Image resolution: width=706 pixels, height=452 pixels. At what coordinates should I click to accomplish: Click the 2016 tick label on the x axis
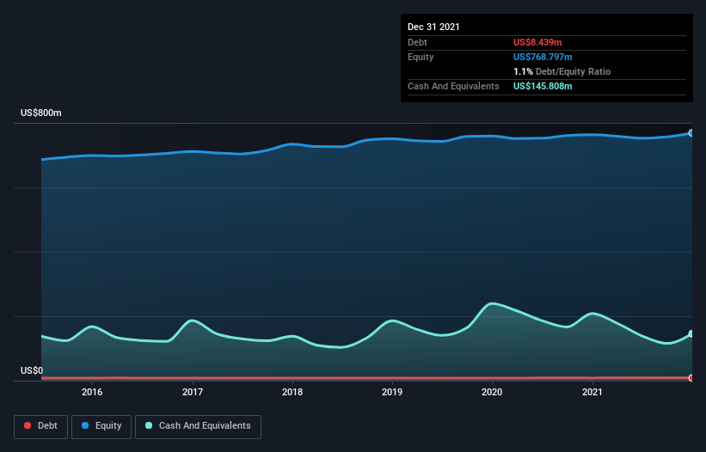[92, 392]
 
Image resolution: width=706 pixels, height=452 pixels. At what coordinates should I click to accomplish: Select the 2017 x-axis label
[193, 392]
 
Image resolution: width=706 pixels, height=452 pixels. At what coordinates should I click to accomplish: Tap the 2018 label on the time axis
[292, 392]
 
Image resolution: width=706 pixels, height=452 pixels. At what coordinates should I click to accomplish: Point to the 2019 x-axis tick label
[392, 392]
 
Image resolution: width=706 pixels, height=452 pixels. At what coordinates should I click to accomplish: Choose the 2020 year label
[493, 392]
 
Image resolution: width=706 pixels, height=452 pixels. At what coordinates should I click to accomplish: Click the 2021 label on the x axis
[592, 392]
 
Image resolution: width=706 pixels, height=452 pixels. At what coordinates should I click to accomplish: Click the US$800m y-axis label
[41, 113]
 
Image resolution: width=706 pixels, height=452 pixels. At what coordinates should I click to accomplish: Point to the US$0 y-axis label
[32, 370]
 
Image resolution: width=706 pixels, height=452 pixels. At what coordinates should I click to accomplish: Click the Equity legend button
[101, 425]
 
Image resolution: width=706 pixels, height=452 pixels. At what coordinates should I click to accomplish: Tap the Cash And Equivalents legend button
[198, 425]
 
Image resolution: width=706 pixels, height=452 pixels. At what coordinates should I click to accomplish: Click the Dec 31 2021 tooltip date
[433, 27]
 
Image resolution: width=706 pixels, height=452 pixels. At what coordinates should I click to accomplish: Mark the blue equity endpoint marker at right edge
[691, 133]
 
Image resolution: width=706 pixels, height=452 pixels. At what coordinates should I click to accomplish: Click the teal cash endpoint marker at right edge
[691, 334]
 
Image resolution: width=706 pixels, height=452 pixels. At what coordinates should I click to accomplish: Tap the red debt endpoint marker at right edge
[691, 378]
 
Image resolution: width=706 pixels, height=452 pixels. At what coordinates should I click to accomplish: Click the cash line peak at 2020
[492, 303]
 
